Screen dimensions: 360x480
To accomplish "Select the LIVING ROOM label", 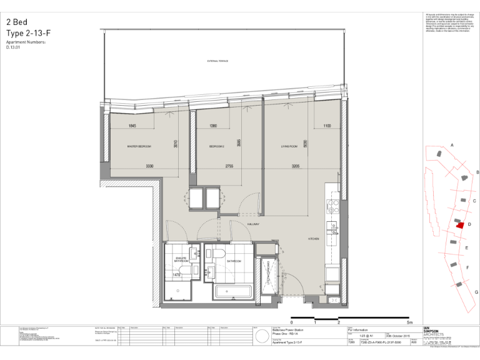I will click(289, 146).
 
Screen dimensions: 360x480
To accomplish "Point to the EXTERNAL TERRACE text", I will click(217, 61).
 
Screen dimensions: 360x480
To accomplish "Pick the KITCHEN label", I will click(313, 239).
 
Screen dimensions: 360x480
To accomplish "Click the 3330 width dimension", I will click(149, 167).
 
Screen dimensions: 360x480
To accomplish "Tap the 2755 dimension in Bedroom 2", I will click(229, 167).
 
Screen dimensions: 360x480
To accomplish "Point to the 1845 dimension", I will click(132, 126).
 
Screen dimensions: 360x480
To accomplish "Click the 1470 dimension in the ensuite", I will click(176, 274).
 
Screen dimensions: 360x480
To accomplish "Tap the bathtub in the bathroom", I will click(232, 291).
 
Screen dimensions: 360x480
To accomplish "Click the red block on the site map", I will click(460, 225).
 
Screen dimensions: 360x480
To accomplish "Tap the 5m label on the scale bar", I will click(409, 322).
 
